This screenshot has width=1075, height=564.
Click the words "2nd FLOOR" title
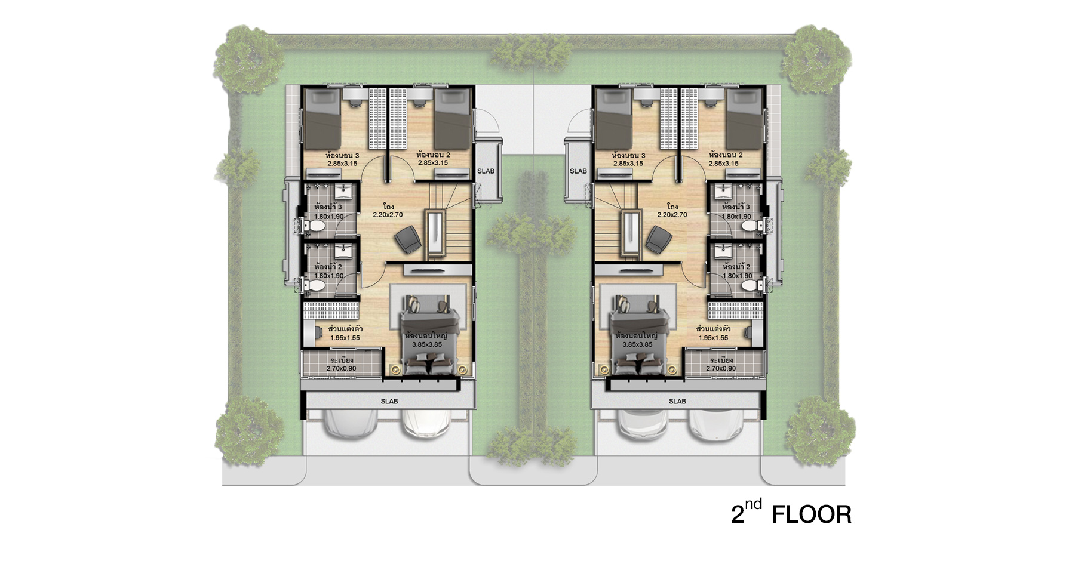pyautogui.click(x=791, y=512)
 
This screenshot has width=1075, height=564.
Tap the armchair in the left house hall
pyautogui.click(x=408, y=240)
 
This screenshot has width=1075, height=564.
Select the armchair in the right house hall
pyautogui.click(x=658, y=240)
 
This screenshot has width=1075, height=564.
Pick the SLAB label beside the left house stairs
pyautogui.click(x=486, y=171)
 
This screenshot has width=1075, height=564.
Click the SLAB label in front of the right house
pyautogui.click(x=677, y=402)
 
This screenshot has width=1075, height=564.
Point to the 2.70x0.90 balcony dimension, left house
pyautogui.click(x=341, y=369)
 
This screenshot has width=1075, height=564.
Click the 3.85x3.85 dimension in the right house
pyautogui.click(x=637, y=345)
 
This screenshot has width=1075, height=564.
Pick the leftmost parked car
pyautogui.click(x=349, y=425)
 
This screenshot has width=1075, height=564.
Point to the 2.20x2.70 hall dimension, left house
pyautogui.click(x=388, y=215)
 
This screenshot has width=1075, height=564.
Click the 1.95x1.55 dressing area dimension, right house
pyautogui.click(x=713, y=338)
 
